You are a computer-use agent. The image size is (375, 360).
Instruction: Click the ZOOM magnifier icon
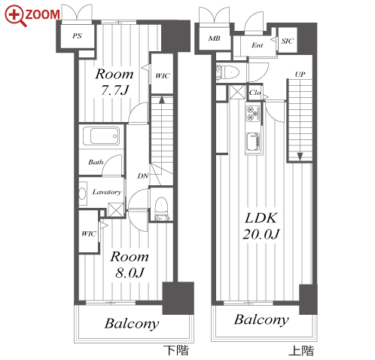tap(15, 15)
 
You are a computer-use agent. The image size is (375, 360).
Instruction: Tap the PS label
tap(77, 36)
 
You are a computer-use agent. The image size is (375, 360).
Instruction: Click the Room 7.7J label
tap(114, 82)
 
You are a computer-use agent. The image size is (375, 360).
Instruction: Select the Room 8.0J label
tap(130, 264)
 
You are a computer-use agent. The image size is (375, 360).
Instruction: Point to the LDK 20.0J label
tap(261, 226)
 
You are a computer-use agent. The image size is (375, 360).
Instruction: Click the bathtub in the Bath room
tap(102, 136)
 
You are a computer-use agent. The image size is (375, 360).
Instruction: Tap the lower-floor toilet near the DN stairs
tap(161, 209)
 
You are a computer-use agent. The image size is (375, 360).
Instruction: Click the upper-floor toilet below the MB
tap(227, 72)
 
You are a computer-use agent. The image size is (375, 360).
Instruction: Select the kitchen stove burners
tap(252, 114)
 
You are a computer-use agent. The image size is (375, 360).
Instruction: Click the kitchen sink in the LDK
tap(253, 142)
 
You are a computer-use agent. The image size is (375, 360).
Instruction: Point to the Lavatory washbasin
tap(83, 194)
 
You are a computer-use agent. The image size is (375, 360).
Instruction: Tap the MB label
tap(214, 38)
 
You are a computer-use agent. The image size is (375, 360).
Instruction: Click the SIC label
tap(287, 41)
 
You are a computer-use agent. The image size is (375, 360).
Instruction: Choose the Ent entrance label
tap(258, 45)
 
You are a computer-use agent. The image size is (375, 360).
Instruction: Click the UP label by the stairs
tap(300, 75)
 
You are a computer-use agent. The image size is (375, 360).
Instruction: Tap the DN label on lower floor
tap(143, 176)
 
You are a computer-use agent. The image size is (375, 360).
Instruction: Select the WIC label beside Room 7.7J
tap(163, 75)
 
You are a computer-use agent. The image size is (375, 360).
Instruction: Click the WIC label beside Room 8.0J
tap(89, 233)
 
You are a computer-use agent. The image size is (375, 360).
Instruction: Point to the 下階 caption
tap(176, 350)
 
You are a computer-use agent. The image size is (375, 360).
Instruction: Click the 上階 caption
tap(301, 351)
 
